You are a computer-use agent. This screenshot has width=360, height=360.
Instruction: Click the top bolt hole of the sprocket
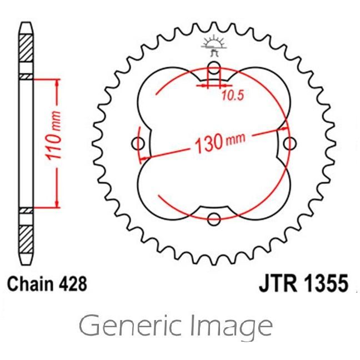click(213, 69)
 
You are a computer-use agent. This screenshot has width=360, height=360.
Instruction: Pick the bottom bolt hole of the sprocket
click(213, 219)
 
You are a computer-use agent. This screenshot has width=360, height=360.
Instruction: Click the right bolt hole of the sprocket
click(288, 144)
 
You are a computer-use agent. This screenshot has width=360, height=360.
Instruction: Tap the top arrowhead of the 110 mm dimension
click(57, 83)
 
